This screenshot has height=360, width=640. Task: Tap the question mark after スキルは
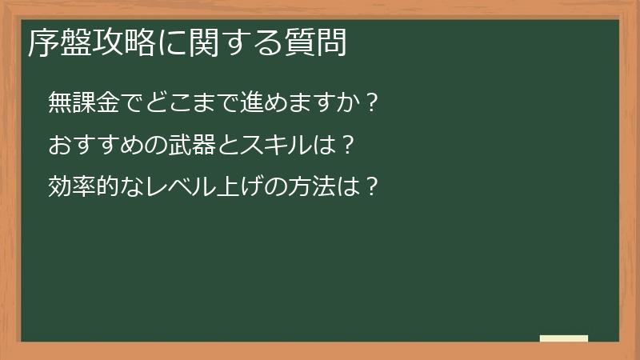346,146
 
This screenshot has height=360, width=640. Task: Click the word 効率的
79,187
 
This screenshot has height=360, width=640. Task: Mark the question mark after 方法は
370,187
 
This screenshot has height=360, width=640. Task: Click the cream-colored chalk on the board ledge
564,338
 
